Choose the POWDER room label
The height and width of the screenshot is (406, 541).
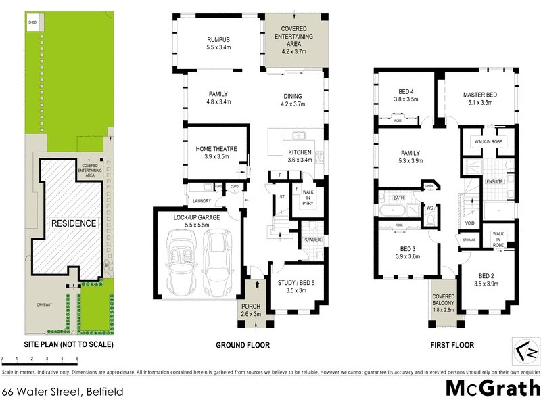pyautogui.click(x=312, y=240)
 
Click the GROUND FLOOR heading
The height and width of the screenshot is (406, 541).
pyautogui.click(x=242, y=345)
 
